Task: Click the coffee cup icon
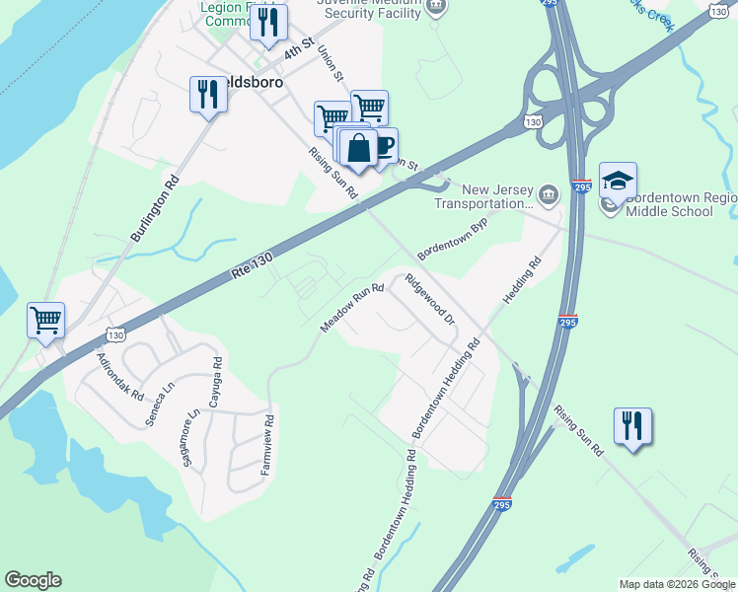click(x=383, y=146)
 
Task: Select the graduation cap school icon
click(x=618, y=181)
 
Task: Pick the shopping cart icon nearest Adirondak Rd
click(x=45, y=320)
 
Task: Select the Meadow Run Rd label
click(x=351, y=308)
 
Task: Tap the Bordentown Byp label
click(x=453, y=240)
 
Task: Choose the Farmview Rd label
click(x=266, y=445)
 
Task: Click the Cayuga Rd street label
click(x=214, y=384)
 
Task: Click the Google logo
click(x=33, y=580)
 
